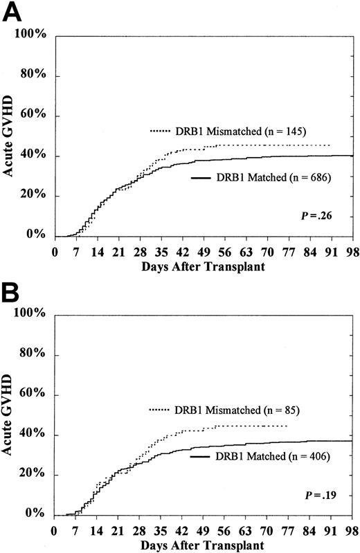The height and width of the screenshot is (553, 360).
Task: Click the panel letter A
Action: point(12,12)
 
